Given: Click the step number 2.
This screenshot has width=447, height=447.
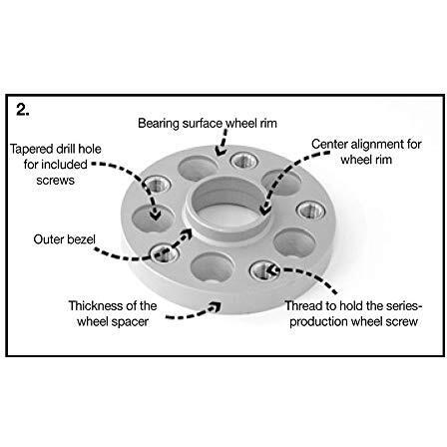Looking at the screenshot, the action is tap(23, 110).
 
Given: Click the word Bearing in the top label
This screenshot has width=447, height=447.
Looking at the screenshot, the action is tap(159, 124).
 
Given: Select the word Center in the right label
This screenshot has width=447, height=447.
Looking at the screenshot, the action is tap(329, 145).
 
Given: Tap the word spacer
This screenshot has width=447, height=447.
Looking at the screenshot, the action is tap(131, 322).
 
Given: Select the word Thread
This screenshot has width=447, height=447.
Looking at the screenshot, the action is tap(303, 305).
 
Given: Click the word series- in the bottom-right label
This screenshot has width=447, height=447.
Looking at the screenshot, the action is tap(402, 305).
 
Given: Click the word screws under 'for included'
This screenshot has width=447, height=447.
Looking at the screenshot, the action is tap(55, 181).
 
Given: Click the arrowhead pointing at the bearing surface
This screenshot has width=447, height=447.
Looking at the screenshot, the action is tap(220, 152).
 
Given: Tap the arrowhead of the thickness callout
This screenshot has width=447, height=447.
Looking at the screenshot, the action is tap(216, 306).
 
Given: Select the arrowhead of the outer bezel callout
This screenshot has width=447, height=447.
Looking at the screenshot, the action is tap(187, 233).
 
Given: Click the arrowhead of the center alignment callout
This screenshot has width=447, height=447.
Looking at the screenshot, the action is tap(265, 211).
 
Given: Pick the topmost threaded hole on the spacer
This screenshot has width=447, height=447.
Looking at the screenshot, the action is tap(244, 161).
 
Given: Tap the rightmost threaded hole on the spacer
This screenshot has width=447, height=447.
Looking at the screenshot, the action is tap(311, 211).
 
